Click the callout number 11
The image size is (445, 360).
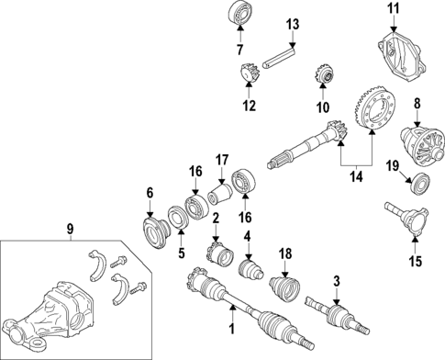(x=394, y=8)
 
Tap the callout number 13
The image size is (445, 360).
(x=293, y=24)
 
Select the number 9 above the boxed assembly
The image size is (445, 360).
(x=71, y=229)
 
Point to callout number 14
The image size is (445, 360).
(x=357, y=177)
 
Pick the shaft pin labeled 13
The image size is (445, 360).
(x=279, y=57)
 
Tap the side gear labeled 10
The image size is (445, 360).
(x=324, y=73)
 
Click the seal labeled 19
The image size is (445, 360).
(x=420, y=183)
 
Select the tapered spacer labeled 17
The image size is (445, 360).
(x=220, y=195)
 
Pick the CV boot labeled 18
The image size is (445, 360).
(x=284, y=289)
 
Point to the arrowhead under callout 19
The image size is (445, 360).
(x=409, y=182)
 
